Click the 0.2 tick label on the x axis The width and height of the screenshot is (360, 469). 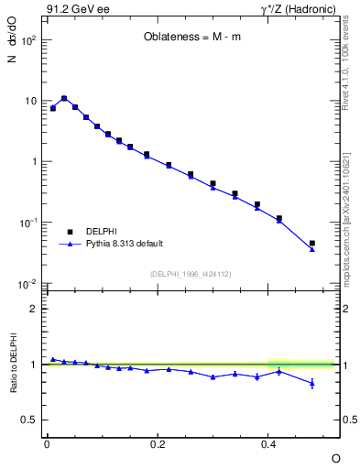(158, 444)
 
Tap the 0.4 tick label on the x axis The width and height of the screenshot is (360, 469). (269, 444)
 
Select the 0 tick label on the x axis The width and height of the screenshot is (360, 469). (47, 444)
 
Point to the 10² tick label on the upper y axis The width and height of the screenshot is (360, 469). (27, 41)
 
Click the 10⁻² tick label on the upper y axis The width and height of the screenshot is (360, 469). (27, 284)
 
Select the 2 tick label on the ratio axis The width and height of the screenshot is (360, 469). (34, 309)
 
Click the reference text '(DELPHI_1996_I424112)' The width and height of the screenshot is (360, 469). (191, 273)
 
